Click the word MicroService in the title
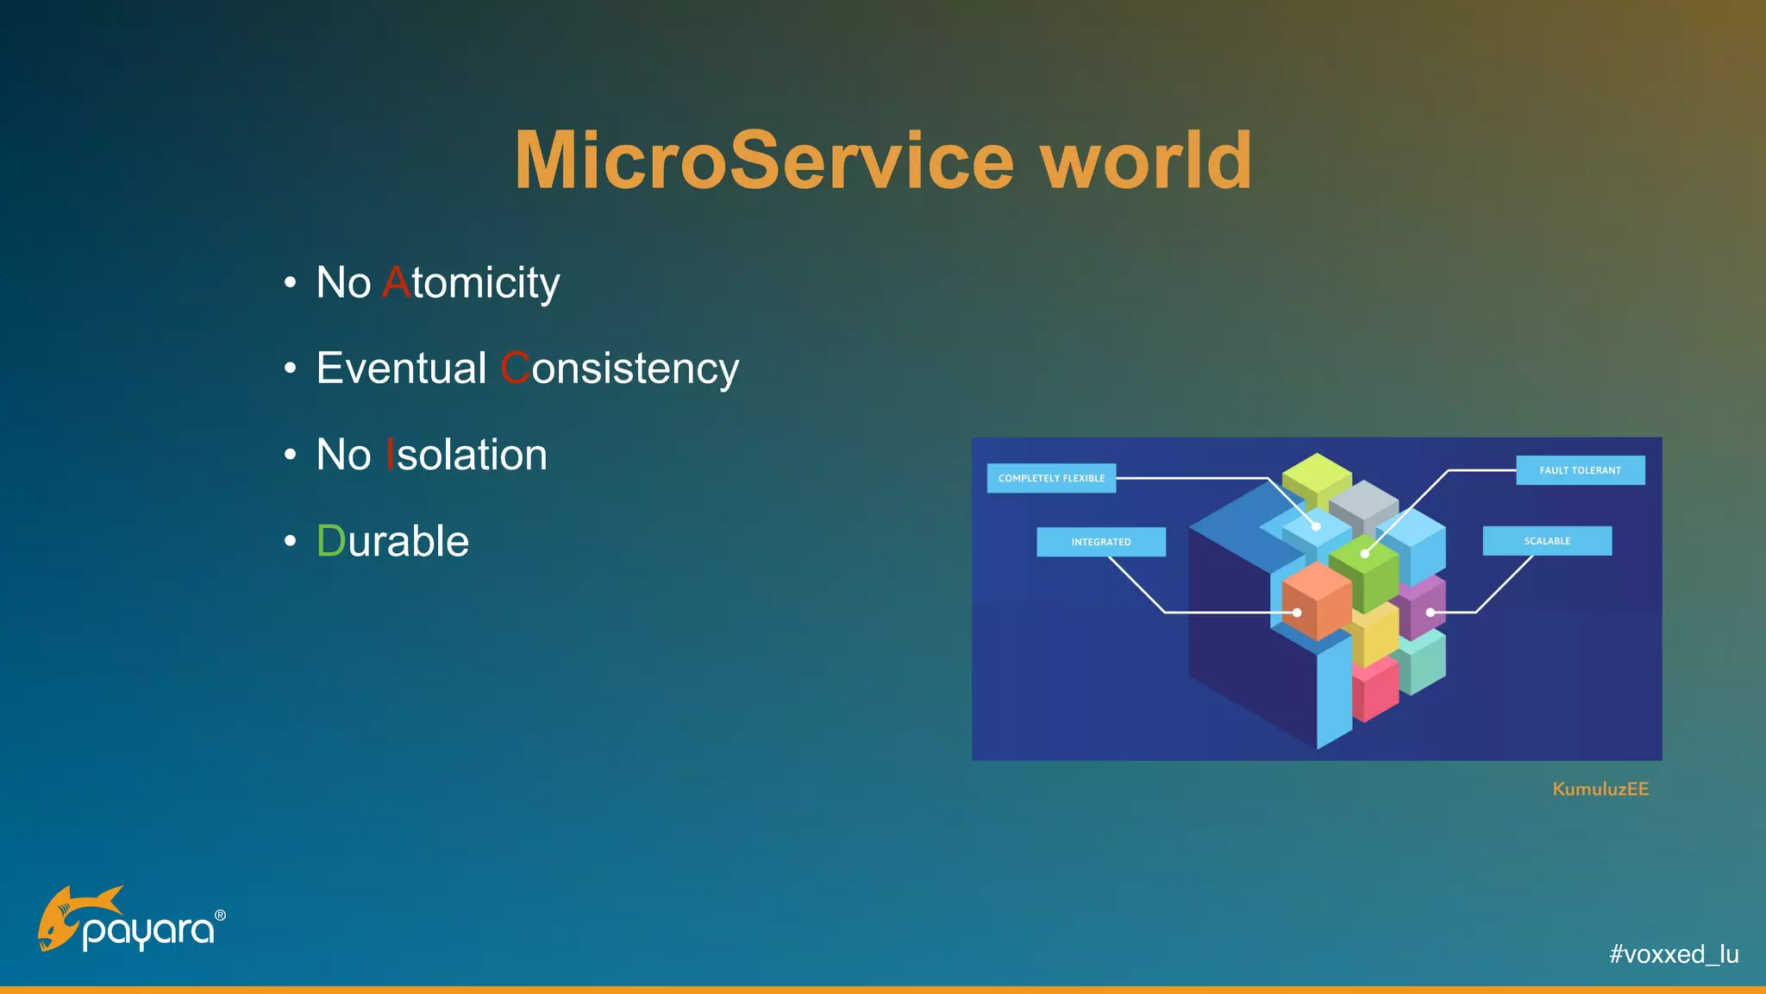[x=764, y=160]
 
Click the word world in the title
[x=1147, y=160]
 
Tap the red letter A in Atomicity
[x=396, y=282]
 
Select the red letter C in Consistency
[x=515, y=368]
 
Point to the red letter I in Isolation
[x=390, y=455]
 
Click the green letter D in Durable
[x=330, y=541]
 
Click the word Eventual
[x=401, y=368]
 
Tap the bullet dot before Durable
[x=291, y=541]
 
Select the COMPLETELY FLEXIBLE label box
[x=1051, y=478]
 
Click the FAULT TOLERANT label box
[x=1580, y=470]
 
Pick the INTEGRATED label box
[x=1100, y=542]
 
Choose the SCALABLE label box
[x=1547, y=541]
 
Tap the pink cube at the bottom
[x=1375, y=690]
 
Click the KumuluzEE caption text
[x=1600, y=789]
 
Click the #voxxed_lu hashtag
[x=1674, y=953]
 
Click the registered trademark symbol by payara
[x=220, y=915]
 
